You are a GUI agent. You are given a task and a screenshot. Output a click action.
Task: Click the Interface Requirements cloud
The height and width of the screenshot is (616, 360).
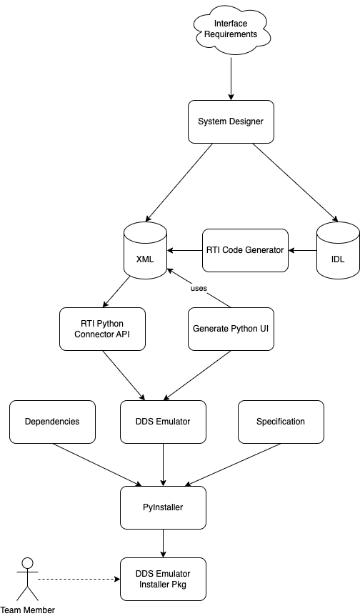tap(231, 29)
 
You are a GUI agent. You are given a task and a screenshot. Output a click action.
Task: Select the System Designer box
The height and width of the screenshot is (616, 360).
tap(231, 121)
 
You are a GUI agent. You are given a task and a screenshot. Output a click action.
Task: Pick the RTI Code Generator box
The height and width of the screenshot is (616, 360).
tap(245, 250)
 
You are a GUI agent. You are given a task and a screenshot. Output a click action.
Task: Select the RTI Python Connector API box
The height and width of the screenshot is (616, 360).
tap(102, 329)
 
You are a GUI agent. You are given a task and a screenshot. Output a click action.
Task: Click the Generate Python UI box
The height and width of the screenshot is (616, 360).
tap(231, 329)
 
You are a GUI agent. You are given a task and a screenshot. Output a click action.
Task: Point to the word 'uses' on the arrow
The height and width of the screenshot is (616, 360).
tap(199, 288)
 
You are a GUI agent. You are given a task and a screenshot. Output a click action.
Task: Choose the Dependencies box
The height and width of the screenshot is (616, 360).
tap(52, 422)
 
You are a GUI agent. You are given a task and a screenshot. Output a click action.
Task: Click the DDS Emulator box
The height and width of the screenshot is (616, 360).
tap(164, 422)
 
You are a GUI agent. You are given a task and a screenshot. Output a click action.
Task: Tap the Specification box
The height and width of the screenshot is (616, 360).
tap(280, 422)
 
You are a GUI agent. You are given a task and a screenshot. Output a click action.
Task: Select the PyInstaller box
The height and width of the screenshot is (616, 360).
tap(164, 507)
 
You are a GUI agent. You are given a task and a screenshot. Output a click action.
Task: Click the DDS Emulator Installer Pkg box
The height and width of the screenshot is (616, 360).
tap(164, 579)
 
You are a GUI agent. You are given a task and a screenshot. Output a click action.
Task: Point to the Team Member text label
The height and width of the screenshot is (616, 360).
tap(27, 610)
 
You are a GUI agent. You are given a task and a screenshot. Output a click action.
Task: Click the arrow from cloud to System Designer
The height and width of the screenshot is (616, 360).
tap(231, 75)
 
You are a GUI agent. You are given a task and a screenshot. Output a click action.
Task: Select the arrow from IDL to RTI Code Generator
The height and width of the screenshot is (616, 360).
tap(302, 250)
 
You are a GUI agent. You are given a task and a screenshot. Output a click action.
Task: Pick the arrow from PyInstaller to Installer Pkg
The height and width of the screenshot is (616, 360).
tap(164, 543)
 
